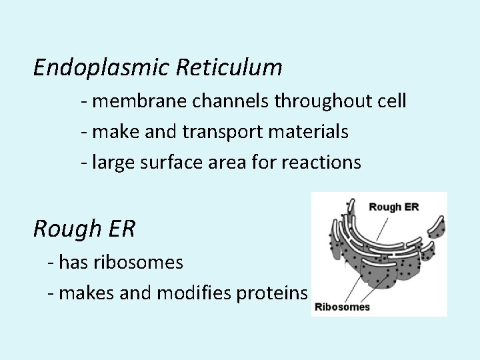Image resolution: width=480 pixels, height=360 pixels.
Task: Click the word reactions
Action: point(324,162)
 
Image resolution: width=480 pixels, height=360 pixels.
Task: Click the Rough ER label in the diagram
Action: point(394,207)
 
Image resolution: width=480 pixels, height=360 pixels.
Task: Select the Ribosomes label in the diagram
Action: point(342,308)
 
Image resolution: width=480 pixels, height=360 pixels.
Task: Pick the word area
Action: point(237,163)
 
